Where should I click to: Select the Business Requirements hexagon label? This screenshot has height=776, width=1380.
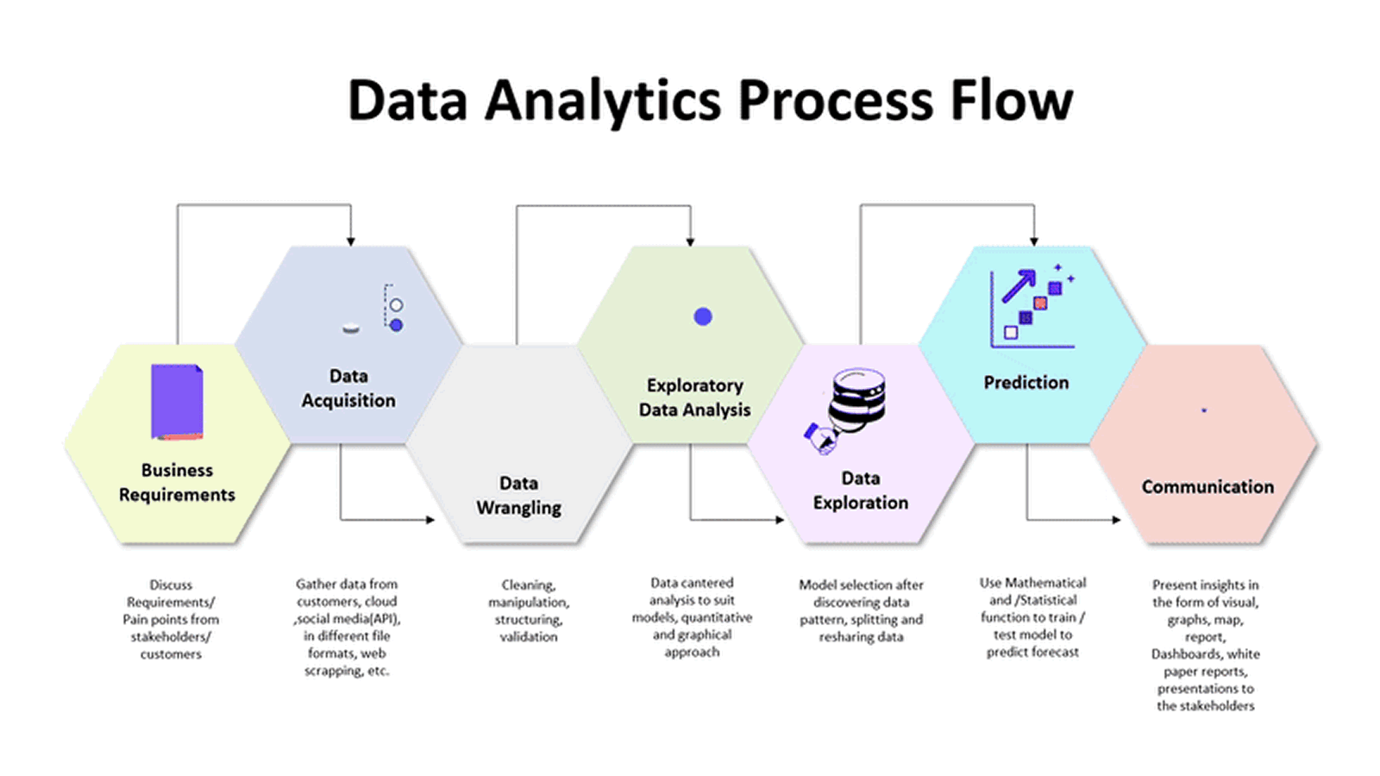click(x=177, y=482)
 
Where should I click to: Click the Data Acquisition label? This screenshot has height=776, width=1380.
click(x=348, y=388)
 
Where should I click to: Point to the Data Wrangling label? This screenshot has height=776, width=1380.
click(x=518, y=495)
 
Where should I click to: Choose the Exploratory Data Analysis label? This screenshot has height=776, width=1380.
click(x=694, y=397)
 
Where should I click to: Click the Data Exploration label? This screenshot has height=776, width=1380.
click(x=860, y=490)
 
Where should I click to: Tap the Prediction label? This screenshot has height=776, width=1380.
click(x=1026, y=382)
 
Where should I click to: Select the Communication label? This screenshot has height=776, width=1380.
click(x=1207, y=486)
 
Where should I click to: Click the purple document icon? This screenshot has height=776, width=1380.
click(x=177, y=402)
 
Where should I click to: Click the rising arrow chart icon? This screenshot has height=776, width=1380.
click(x=1032, y=306)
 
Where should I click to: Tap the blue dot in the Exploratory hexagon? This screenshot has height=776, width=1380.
click(x=703, y=316)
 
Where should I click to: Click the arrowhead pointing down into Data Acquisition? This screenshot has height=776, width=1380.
click(x=350, y=241)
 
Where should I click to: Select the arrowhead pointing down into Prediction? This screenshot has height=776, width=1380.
click(x=1033, y=241)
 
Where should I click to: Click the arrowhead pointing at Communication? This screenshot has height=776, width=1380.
click(x=1116, y=519)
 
